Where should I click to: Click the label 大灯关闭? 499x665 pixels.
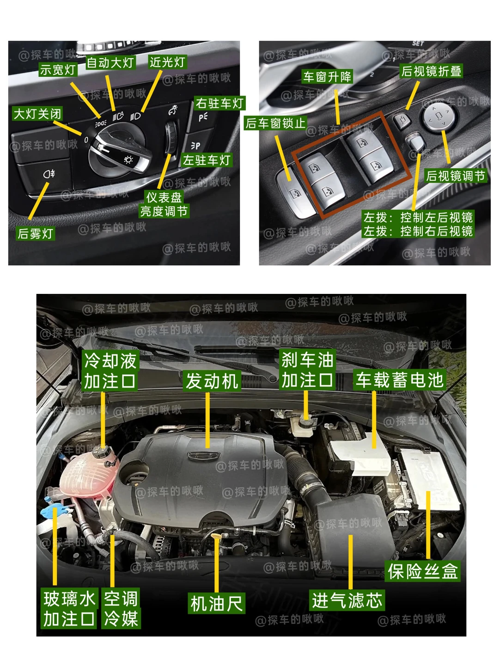37,114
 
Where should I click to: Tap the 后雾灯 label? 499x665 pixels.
36,233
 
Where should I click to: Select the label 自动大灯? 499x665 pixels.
110,62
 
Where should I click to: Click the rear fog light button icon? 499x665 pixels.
49,174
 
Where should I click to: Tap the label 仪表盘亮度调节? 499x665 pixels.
164,204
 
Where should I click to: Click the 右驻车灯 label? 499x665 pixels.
219,103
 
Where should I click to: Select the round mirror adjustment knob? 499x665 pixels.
438,116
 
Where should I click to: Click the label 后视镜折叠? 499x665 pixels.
431,71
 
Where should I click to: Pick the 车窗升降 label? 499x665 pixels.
327,76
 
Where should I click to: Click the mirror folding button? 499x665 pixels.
402,121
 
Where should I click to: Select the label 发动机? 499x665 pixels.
212,381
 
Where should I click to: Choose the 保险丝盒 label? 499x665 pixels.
423,571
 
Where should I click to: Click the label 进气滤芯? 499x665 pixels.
347,600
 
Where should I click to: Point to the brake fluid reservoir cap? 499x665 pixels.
306,422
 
